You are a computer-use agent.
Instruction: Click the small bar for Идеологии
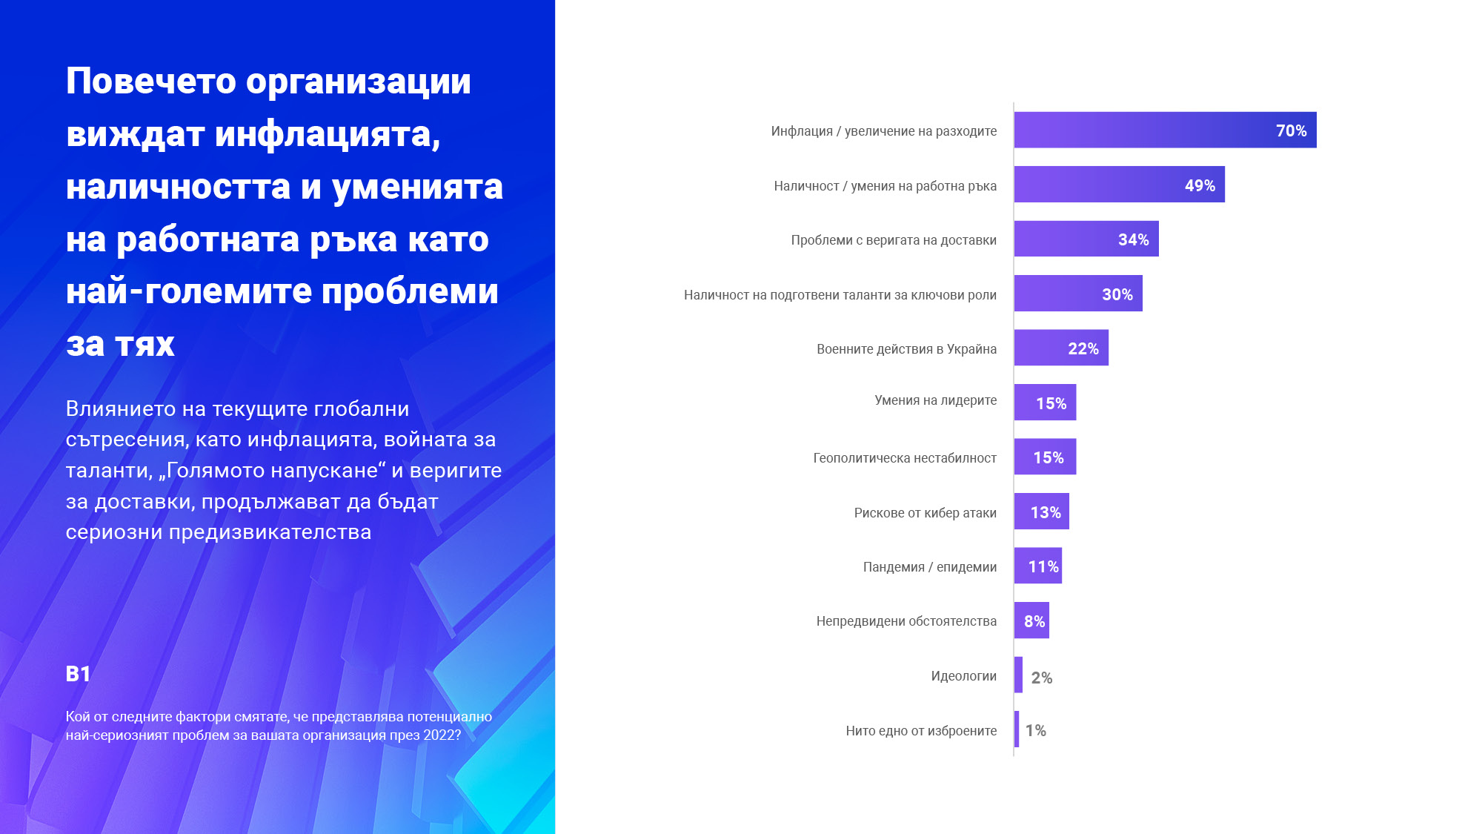(1018, 675)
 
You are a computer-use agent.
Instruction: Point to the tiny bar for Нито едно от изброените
(1017, 729)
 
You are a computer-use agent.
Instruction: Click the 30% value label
(1117, 294)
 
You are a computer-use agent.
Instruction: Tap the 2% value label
(1041, 678)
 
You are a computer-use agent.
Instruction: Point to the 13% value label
(1046, 512)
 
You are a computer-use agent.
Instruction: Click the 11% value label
(1043, 566)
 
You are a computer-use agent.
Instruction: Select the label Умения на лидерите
(935, 400)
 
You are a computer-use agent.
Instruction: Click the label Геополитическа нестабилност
(904, 458)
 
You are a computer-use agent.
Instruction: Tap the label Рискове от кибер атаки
(925, 513)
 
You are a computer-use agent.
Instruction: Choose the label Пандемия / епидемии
(929, 567)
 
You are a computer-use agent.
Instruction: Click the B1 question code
(78, 673)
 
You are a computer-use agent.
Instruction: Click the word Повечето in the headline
(150, 81)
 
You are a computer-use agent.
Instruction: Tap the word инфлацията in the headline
(328, 134)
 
